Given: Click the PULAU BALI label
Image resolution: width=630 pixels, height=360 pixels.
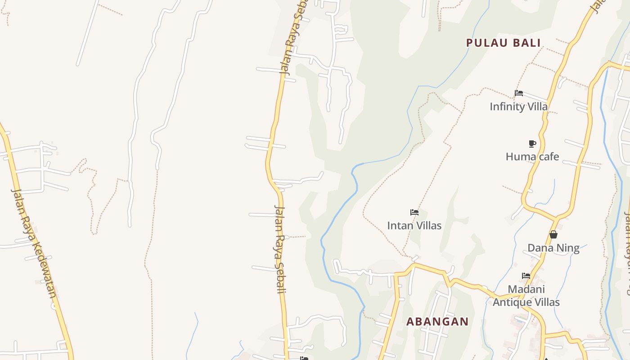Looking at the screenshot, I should (503, 43).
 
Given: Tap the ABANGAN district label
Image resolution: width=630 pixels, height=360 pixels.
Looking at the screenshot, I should (437, 322).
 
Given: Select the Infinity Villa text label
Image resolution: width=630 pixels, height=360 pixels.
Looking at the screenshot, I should (518, 107).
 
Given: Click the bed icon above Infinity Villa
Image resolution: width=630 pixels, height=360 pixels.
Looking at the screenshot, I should (519, 94).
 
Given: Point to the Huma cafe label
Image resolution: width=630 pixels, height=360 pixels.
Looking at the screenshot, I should (532, 157).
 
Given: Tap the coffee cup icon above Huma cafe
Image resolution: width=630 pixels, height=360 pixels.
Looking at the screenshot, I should (532, 144).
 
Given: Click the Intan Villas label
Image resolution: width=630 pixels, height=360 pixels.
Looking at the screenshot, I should (414, 225).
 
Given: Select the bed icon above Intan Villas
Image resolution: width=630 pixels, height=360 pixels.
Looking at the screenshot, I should (414, 212).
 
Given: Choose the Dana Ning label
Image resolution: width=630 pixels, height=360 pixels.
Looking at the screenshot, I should (553, 248).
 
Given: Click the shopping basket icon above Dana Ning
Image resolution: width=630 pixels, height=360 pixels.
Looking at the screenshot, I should (553, 234).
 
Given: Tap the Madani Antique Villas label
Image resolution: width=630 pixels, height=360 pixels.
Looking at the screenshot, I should (526, 296).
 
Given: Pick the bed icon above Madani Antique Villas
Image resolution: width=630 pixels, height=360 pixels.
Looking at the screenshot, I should (526, 276).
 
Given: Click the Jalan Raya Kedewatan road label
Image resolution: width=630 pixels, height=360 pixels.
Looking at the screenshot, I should (34, 243).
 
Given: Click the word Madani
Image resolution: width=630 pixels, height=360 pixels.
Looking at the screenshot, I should (526, 289).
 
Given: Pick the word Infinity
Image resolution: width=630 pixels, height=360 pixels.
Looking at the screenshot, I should (505, 107).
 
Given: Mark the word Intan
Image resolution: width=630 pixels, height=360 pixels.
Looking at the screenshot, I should (400, 225).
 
